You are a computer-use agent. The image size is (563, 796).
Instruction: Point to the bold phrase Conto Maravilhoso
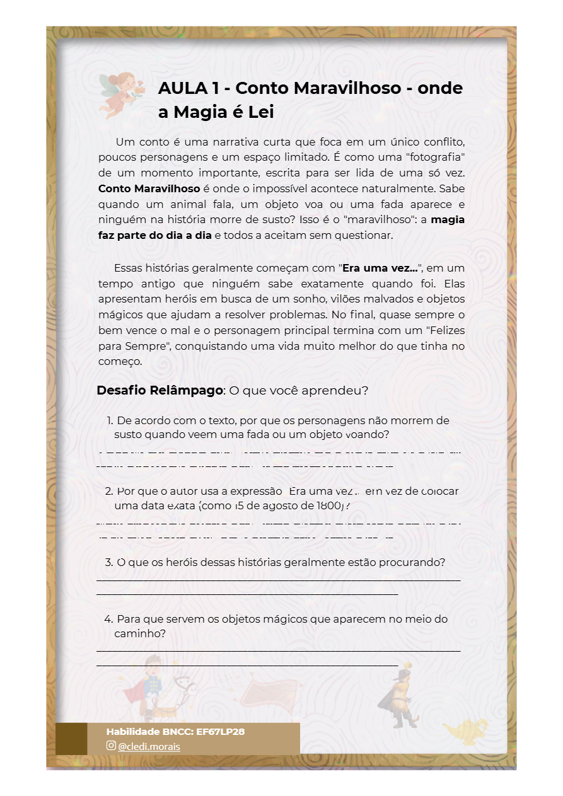(149, 188)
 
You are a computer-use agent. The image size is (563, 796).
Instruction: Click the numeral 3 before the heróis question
(108, 562)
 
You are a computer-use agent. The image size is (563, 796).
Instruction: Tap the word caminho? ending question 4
(140, 633)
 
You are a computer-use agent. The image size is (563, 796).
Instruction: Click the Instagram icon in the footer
(111, 746)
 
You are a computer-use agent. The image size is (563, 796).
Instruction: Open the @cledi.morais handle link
(149, 746)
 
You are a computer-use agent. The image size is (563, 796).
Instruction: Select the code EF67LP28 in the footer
(220, 732)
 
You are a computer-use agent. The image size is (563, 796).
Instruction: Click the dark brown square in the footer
(71, 739)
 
